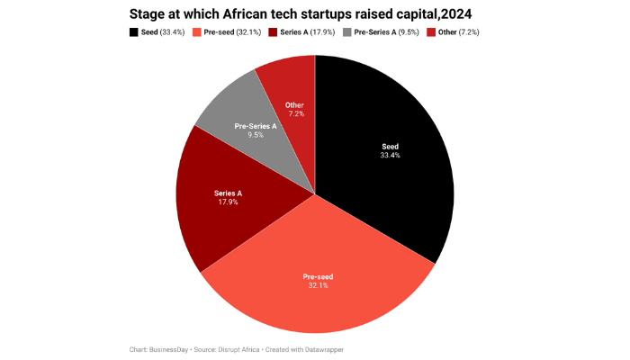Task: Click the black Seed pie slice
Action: [387, 162]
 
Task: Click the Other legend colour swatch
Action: [430, 32]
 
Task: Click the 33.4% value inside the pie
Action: [390, 155]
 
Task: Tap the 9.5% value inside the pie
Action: [256, 136]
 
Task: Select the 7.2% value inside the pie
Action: [294, 114]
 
